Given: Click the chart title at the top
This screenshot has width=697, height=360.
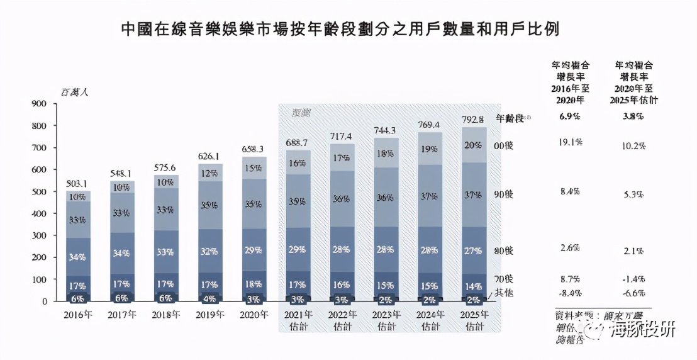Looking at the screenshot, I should coord(340,29).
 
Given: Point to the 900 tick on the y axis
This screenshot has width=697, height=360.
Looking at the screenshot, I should coord(38,104).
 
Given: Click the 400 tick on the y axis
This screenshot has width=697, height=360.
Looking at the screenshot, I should coord(38,214).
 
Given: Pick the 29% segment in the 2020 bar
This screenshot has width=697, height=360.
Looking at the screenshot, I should coord(254,250).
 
